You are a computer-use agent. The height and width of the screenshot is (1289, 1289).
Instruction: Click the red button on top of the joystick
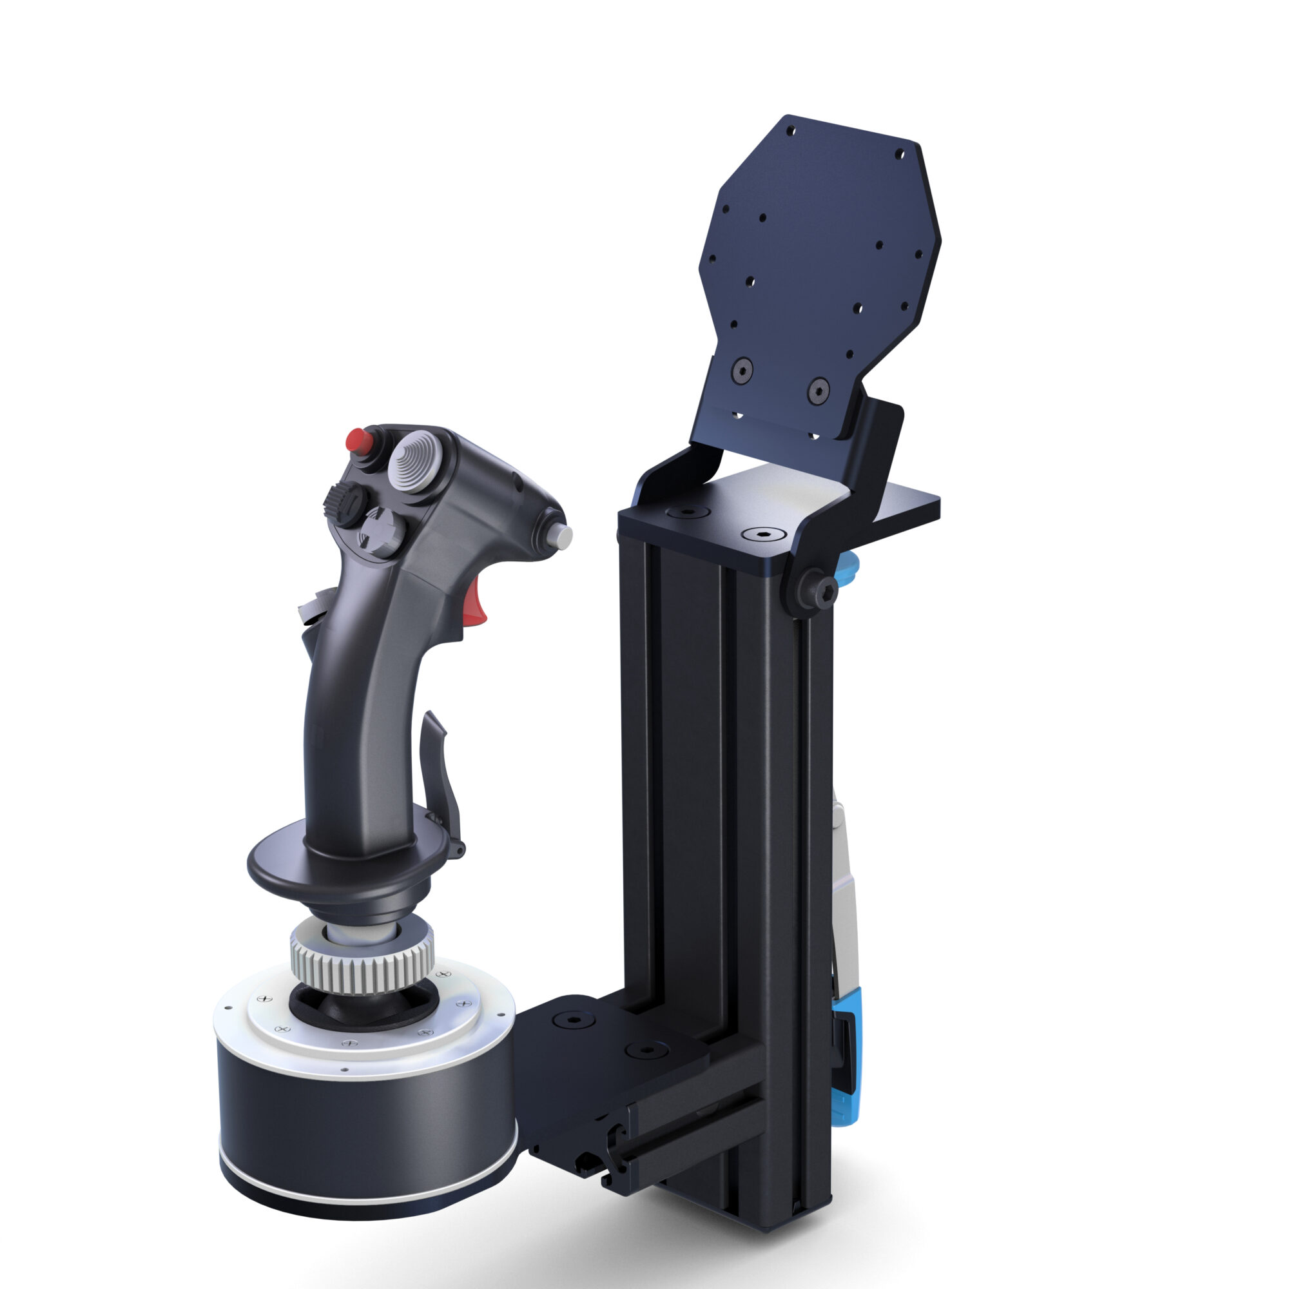tap(359, 440)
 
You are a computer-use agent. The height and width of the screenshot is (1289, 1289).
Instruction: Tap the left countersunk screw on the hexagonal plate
tap(742, 367)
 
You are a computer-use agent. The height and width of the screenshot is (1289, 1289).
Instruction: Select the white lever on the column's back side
tap(842, 887)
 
